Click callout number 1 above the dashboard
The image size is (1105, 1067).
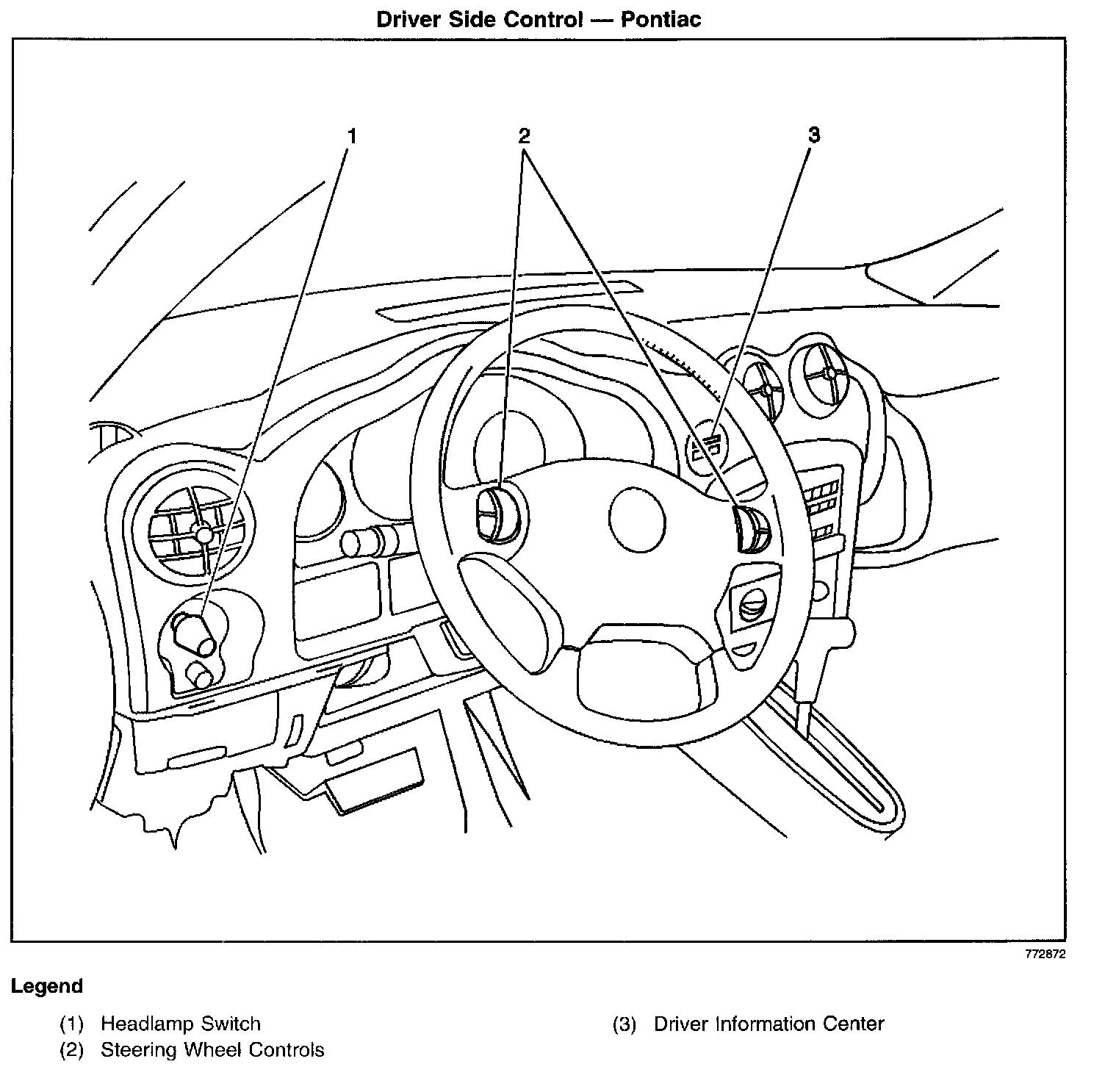coord(352,137)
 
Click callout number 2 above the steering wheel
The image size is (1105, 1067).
coord(523,136)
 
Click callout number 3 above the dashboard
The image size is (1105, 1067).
coord(813,135)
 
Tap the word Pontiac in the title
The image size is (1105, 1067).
coord(661,19)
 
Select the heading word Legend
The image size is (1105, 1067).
coord(46,986)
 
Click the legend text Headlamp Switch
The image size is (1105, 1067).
coord(180,1024)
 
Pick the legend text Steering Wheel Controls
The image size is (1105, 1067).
coord(212,1049)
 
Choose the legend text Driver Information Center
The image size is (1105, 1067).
coord(769,1024)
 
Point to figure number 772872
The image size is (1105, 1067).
coord(1045,955)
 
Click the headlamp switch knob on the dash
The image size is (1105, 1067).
coord(195,633)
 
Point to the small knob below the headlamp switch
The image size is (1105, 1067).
coord(200,675)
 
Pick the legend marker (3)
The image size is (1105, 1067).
coord(624,1024)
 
